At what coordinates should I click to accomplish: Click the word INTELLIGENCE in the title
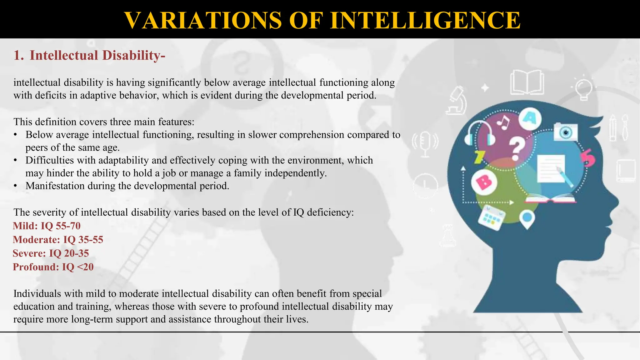pyautogui.click(x=425, y=20)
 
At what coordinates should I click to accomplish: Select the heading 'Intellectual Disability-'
pyautogui.click(x=97, y=56)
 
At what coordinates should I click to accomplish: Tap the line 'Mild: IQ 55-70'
pyautogui.click(x=47, y=226)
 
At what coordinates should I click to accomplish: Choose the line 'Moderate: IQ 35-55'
pyautogui.click(x=58, y=240)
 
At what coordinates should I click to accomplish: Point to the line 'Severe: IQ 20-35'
pyautogui.click(x=51, y=253)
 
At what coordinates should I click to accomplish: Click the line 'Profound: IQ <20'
pyautogui.click(x=53, y=267)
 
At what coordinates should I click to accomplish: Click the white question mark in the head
pyautogui.click(x=517, y=149)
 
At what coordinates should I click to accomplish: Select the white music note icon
pyautogui.click(x=503, y=122)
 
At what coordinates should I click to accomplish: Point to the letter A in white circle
pyautogui.click(x=530, y=118)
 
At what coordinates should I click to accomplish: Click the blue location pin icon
pyautogui.click(x=527, y=219)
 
